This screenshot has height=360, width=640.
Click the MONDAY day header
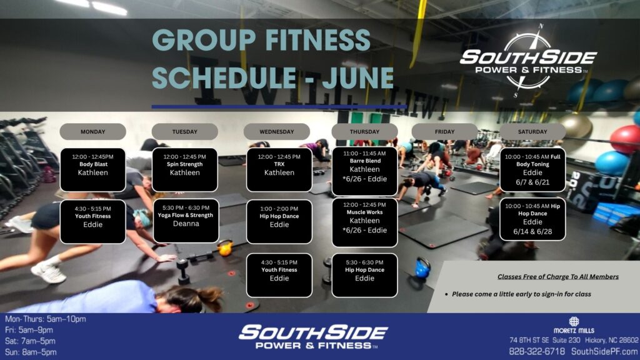pyautogui.click(x=92, y=132)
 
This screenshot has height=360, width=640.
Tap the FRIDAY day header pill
pyautogui.click(x=444, y=132)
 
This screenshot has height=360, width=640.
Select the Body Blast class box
pyautogui.click(x=93, y=170)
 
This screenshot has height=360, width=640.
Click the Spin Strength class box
pyautogui.click(x=185, y=170)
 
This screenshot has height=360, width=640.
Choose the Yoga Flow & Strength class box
pyautogui.click(x=186, y=221)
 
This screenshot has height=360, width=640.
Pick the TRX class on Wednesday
pyautogui.click(x=279, y=170)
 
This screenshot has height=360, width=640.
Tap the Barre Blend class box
pyautogui.click(x=364, y=171)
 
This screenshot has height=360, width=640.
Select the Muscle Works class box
pyautogui.click(x=364, y=222)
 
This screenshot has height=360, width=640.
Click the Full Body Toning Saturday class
pyautogui.click(x=532, y=170)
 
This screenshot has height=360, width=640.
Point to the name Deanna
pyautogui.click(x=186, y=224)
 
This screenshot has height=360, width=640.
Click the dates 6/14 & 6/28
pyautogui.click(x=532, y=231)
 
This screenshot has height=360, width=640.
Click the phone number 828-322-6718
pyautogui.click(x=537, y=351)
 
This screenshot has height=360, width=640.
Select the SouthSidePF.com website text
pyautogui.click(x=604, y=351)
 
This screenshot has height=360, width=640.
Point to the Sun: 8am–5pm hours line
pyautogui.click(x=31, y=352)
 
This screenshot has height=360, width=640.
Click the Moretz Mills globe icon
pyautogui.click(x=574, y=321)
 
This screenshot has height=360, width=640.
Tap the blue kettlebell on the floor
pyautogui.click(x=423, y=267)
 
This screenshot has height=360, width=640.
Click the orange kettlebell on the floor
pyautogui.click(x=225, y=247)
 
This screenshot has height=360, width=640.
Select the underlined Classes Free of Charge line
pyautogui.click(x=558, y=277)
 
